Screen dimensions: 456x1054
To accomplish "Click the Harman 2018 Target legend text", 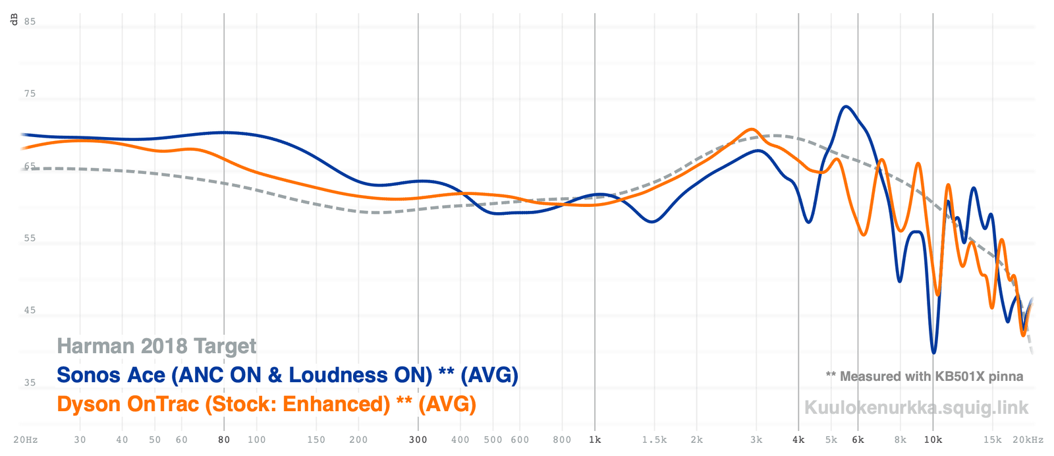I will (157, 346).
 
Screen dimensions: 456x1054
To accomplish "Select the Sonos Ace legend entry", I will (287, 375).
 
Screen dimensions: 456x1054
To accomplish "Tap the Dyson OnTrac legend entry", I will (266, 403).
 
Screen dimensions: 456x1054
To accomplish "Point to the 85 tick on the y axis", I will (30, 22).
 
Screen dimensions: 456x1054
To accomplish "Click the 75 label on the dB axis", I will (30, 94).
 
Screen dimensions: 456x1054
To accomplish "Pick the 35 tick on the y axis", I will (30, 383).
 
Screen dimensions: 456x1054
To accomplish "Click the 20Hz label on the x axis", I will (25, 440).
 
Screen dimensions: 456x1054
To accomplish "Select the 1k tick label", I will (595, 440).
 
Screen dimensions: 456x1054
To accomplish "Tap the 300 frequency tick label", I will (418, 440).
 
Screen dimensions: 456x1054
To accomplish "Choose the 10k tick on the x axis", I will (933, 440).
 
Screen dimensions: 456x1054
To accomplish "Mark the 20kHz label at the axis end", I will (1028, 440).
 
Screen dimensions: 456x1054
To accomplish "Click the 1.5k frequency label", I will (654, 440).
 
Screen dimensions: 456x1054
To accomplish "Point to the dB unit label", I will (14, 20).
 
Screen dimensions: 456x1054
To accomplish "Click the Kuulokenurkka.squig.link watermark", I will (916, 407).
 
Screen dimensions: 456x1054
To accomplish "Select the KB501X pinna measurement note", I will (924, 376).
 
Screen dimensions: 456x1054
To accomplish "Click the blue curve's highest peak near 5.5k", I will (846, 106).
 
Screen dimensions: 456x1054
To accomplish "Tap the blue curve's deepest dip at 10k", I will (933, 353).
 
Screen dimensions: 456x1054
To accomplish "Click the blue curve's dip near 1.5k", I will (652, 221).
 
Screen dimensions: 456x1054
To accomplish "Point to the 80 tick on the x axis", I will (224, 440).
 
